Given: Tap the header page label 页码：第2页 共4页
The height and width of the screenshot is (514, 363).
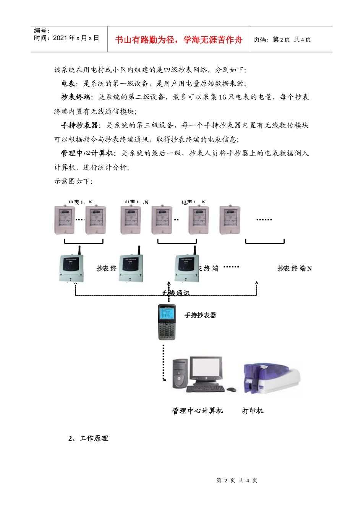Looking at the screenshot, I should [x=282, y=40].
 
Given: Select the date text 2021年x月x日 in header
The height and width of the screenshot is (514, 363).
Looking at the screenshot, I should [x=76, y=38].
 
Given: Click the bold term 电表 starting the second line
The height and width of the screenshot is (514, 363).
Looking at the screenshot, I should [x=68, y=83].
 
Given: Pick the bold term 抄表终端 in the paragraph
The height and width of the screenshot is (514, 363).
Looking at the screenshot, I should [x=76, y=97].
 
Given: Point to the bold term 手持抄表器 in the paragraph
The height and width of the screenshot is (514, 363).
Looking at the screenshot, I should [x=79, y=125].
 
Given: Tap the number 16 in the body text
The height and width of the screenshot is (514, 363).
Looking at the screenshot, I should [x=222, y=97].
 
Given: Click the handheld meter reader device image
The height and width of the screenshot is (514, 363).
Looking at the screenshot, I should [x=167, y=322].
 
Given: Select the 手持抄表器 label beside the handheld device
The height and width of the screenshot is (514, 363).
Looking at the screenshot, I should [x=200, y=316].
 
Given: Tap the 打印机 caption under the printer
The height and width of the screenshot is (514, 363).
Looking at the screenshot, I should [x=253, y=411].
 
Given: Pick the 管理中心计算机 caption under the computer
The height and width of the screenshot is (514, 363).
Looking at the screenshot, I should [x=198, y=411].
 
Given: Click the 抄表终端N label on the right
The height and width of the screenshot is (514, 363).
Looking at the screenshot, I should [x=294, y=268].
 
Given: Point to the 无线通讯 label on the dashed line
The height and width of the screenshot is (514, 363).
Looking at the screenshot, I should [x=175, y=293].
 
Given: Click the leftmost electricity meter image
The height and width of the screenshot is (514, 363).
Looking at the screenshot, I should [x=64, y=220].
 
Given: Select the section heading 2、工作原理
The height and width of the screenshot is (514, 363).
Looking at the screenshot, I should [x=88, y=438].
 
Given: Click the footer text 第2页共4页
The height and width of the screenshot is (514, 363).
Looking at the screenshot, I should [x=237, y=480].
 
